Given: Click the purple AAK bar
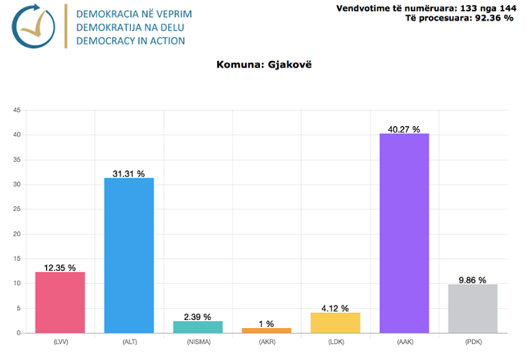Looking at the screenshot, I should tap(404, 233).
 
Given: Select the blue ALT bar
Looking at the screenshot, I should tap(129, 255).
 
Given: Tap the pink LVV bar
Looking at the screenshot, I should tap(60, 302).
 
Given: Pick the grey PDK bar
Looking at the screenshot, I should tap(473, 308).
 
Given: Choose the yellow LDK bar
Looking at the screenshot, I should tap(335, 322).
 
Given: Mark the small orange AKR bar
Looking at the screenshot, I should tap(266, 330).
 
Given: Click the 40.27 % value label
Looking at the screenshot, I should tap(404, 129).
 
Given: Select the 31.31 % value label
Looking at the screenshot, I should tap(129, 174).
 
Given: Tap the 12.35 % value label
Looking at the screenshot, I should tap(60, 268).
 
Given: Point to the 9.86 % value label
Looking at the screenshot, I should tap(473, 280).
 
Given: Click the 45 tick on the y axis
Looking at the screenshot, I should tap(17, 110).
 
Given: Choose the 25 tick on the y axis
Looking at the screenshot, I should tap(17, 210).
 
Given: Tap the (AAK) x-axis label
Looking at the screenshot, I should tap(404, 342).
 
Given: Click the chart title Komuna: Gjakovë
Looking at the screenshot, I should tap(263, 65).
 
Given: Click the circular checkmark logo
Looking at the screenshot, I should tap(34, 26).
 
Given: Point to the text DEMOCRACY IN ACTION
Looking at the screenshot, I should tap(130, 41).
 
